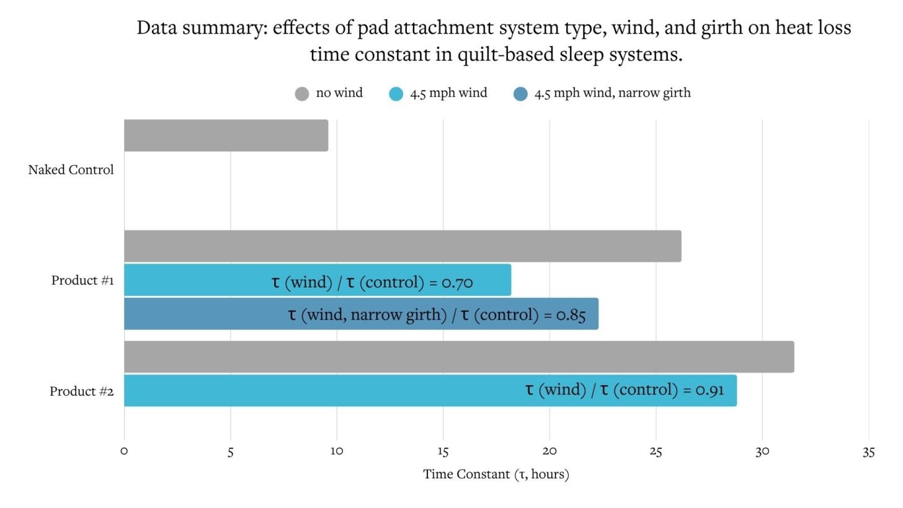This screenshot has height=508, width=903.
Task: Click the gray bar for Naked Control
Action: pos(226,135)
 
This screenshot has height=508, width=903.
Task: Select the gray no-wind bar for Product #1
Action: pos(403,246)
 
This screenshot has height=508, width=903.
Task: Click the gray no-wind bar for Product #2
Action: pos(459,357)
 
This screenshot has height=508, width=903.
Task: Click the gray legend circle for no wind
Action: pos(301,94)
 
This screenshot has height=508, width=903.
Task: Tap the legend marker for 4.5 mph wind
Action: pos(396,94)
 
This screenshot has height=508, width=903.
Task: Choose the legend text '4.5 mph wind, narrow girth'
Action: pos(612,94)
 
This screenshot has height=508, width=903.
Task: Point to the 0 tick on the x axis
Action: pos(124,452)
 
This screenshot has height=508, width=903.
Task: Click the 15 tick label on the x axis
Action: pos(443,452)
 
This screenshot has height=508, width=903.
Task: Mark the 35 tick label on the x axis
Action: pos(868,452)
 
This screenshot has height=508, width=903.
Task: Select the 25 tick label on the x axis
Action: pos(656,452)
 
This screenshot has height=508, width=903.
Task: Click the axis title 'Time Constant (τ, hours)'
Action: pos(496,475)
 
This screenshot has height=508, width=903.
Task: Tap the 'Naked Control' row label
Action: pos(71,170)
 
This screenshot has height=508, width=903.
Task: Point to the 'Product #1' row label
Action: pos(82,280)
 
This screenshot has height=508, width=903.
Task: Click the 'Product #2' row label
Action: pos(81,391)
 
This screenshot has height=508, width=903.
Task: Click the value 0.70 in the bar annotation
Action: pos(457,283)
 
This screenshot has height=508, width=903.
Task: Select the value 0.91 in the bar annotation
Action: pos(709,390)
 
